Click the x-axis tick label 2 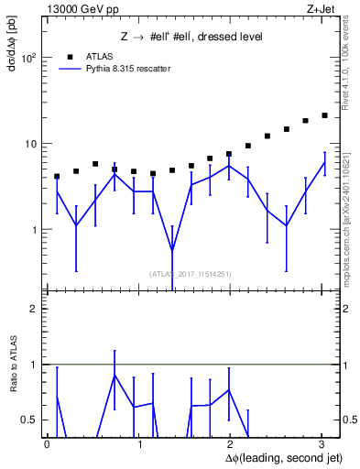pyautogui.click(x=230, y=444)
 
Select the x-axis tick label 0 pyautogui.click(x=47, y=444)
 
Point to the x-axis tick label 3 pyautogui.click(x=322, y=444)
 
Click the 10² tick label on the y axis pyautogui.click(x=28, y=58)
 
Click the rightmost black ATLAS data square pyautogui.click(x=324, y=115)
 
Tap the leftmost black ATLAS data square pyautogui.click(x=57, y=176)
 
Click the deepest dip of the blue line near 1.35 pyautogui.click(x=172, y=251)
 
